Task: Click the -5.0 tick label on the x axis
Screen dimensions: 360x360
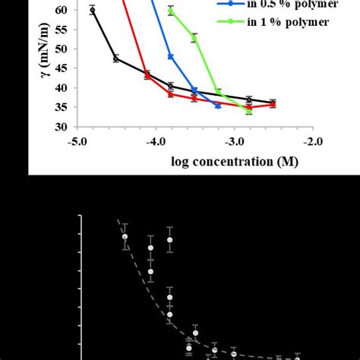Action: tap(77, 141)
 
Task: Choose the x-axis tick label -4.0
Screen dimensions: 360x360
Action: tap(156, 141)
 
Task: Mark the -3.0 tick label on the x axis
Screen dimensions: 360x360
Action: tap(234, 141)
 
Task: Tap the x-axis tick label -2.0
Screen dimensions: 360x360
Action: tap(312, 141)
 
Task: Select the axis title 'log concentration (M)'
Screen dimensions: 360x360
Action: tap(234, 161)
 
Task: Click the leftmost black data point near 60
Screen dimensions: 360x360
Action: tap(92, 10)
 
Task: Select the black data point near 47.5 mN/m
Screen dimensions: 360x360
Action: tap(115, 58)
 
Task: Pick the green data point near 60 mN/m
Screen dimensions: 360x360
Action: tap(170, 11)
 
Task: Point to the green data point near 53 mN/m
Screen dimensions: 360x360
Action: tap(194, 38)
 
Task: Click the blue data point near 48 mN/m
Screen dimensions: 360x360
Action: tap(170, 56)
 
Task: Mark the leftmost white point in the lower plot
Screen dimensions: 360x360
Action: tap(125, 236)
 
